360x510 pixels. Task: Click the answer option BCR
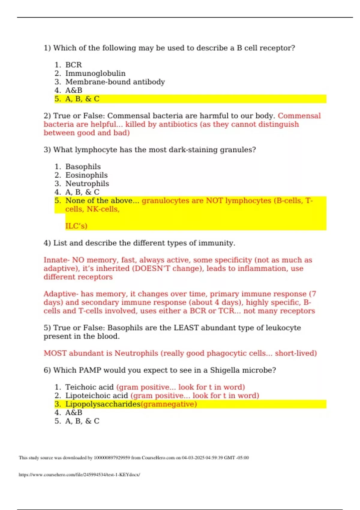73,65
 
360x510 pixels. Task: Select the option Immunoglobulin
95,73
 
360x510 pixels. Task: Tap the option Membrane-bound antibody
115,82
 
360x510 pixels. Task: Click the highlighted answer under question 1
82,99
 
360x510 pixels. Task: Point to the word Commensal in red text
299,116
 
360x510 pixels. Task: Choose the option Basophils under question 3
83,167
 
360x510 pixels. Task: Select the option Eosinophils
86,175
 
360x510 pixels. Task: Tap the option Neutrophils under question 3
87,184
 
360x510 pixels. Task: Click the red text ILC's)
76,226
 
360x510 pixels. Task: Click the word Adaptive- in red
61,294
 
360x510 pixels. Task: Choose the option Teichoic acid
89,387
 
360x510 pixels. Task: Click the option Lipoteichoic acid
97,396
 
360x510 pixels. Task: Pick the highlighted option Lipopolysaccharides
103,404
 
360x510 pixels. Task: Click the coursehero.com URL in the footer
79,475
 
